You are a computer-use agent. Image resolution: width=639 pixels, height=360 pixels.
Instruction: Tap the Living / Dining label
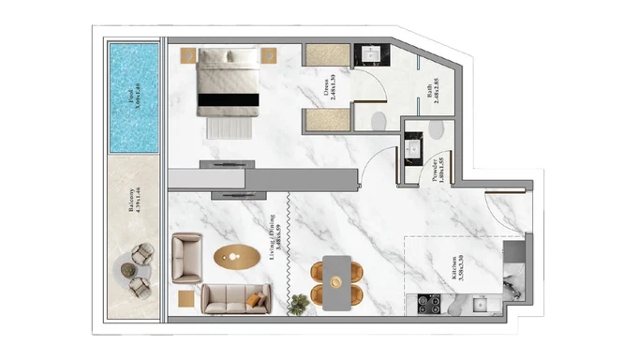(278, 245)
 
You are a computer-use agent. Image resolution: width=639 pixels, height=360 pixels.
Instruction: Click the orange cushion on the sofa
(255, 300)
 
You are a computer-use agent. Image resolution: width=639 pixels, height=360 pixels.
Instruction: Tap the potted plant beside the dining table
(299, 303)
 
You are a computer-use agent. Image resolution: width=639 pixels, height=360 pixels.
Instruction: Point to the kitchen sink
(481, 304)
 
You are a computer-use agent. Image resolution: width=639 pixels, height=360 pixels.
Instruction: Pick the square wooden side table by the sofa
(186, 299)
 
